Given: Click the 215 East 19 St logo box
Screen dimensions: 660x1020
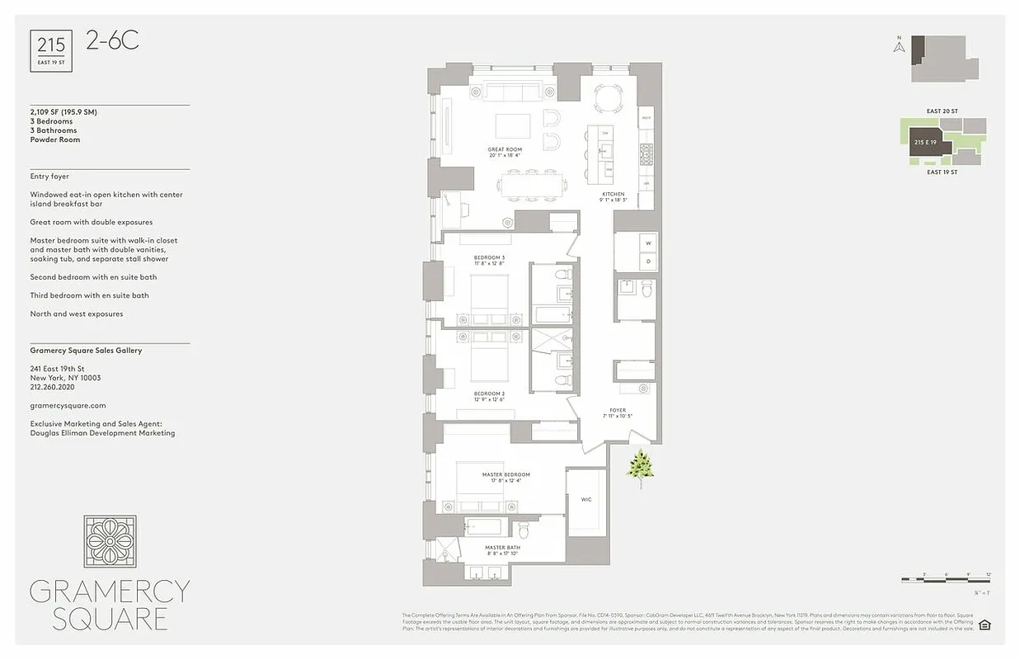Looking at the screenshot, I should click(x=51, y=51).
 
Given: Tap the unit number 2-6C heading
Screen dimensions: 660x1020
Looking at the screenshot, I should click(x=112, y=40).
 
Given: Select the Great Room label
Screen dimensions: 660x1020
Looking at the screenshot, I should click(x=505, y=149).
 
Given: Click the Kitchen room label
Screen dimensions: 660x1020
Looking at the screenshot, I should click(x=613, y=194).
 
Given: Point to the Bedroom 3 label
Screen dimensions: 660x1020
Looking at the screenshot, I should click(x=489, y=257).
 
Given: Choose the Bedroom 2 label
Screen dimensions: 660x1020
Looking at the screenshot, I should click(x=489, y=394).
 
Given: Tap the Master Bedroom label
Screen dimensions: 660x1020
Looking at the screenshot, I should click(x=505, y=474).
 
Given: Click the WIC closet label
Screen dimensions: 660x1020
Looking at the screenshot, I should click(x=586, y=499).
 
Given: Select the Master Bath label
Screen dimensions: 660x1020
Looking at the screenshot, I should click(x=501, y=548).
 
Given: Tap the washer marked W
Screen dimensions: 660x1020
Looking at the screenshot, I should click(x=648, y=243).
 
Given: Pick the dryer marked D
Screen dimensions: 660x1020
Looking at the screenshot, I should click(x=648, y=261).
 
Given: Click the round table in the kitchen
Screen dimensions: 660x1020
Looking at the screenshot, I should click(x=610, y=98).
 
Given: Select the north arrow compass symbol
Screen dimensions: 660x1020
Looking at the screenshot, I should click(x=900, y=45).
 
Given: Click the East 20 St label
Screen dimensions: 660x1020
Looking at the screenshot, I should click(x=942, y=111).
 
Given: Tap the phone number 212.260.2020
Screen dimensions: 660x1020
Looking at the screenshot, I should click(x=53, y=387).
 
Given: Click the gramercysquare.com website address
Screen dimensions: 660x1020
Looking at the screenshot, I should click(x=68, y=405).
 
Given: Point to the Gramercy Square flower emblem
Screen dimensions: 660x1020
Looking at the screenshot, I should click(x=110, y=541).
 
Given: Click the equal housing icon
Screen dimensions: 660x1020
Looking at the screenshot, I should click(x=984, y=625).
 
